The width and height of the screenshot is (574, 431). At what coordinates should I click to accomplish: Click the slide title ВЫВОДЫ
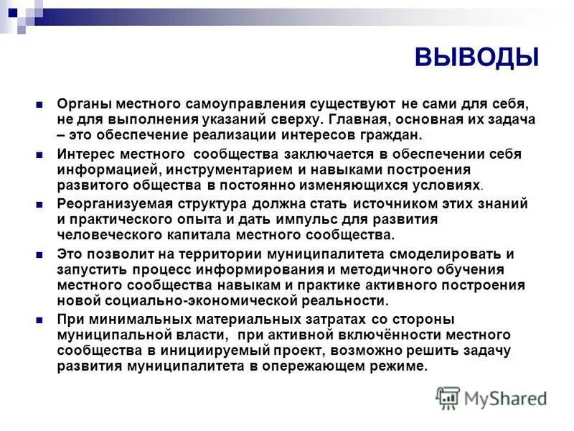click(x=476, y=56)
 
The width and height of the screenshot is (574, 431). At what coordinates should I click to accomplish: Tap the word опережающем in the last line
click(x=322, y=365)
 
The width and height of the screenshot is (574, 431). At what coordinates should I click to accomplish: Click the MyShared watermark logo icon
click(x=448, y=397)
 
